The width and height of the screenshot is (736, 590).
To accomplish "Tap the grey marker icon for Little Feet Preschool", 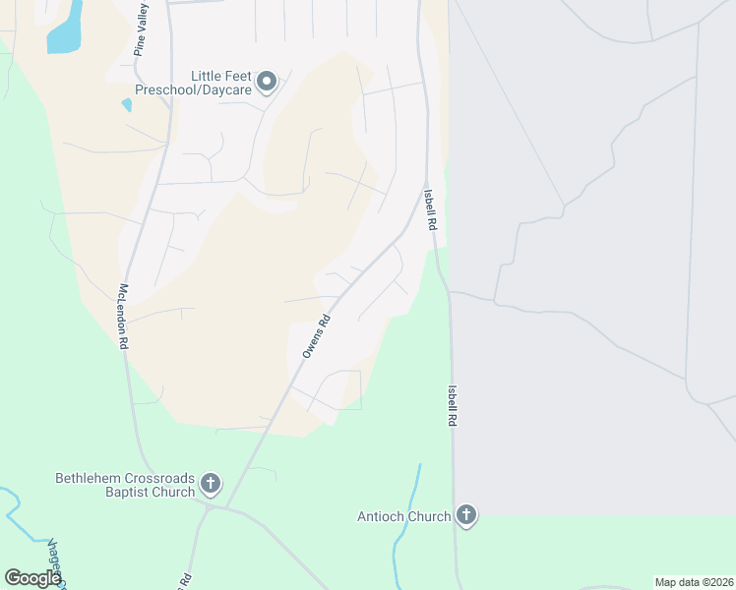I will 267,85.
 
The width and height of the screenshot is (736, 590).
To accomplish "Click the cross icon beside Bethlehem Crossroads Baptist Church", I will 210,483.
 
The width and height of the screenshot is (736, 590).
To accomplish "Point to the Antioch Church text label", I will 403,515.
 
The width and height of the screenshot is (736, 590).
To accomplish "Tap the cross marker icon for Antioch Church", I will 466,515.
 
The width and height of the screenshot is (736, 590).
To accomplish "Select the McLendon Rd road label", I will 124,317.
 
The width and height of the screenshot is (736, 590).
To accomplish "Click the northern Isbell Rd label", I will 430,209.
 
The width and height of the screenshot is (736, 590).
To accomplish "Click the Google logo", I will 32,578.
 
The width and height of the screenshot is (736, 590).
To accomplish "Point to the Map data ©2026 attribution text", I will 694,582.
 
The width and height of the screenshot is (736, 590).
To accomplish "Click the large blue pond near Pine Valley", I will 65,29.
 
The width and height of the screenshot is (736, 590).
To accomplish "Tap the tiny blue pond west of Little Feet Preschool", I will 126,104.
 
